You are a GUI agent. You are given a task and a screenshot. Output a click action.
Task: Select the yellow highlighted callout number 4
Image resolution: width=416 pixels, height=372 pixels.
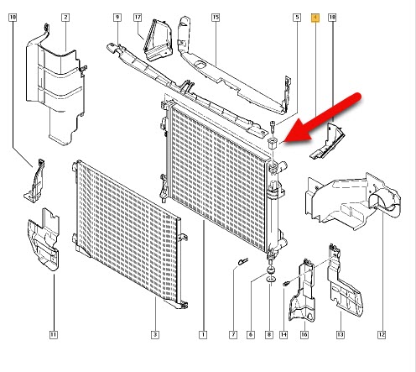(x=315, y=18)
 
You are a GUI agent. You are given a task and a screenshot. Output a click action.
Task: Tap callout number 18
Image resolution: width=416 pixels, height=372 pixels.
(x=333, y=18)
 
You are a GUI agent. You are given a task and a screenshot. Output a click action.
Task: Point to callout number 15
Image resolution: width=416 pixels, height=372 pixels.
(x=215, y=18)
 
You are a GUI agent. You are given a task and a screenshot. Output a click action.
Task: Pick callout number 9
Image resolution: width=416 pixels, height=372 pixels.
(x=117, y=18)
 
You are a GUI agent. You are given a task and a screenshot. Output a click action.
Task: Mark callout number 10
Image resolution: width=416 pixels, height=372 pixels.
(x=14, y=18)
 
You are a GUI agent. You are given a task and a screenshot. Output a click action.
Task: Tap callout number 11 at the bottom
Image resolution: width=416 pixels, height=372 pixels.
(x=53, y=336)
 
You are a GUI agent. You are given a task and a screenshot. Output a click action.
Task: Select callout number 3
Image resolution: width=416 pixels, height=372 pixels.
(x=155, y=336)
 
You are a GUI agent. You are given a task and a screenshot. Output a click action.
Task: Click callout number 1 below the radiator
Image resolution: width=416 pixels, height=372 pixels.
(x=202, y=336)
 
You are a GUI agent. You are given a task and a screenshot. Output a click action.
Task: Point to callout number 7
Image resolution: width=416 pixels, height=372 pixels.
(x=233, y=336)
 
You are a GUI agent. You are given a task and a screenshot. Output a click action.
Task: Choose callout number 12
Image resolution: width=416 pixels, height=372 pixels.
(x=382, y=336)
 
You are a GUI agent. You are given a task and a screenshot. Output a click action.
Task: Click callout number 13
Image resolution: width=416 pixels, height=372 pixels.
(x=341, y=336)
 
